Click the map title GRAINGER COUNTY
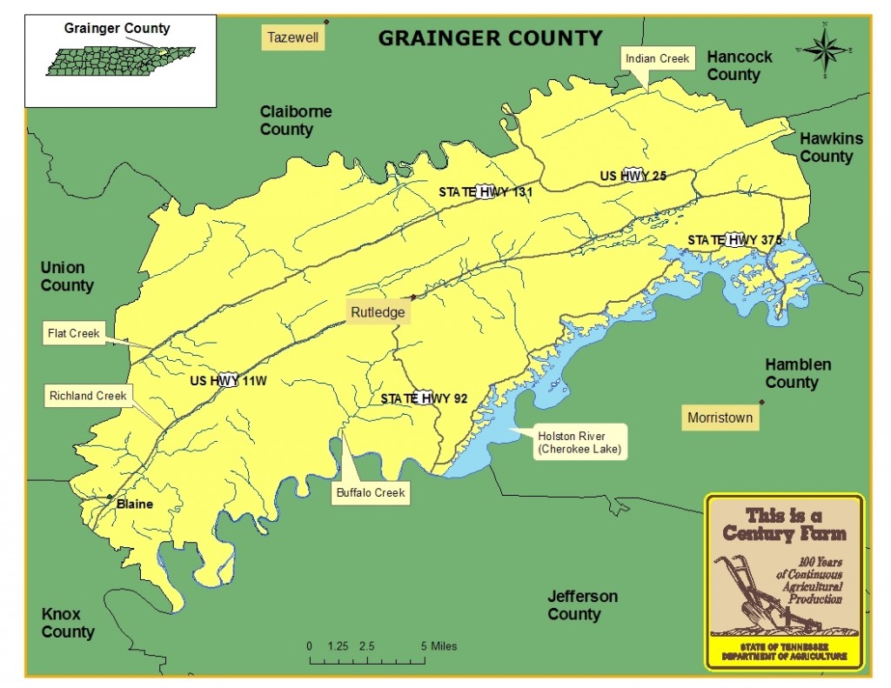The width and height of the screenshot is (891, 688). coord(490,38)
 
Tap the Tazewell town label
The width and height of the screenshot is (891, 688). coord(293,37)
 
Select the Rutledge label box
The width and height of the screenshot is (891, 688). coord(379,311)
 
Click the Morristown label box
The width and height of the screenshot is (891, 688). coord(719,417)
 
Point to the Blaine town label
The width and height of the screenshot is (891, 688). coord(134,504)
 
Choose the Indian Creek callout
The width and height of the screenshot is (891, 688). coord(657,59)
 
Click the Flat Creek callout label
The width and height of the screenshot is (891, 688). coord(75,332)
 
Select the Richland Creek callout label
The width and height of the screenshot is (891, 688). coord(88,396)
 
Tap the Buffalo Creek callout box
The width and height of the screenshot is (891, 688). coord(371,493)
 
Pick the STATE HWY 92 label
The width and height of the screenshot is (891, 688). coord(424,398)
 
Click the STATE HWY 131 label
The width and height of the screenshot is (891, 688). coord(485,191)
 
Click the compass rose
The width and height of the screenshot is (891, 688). coord(825,50)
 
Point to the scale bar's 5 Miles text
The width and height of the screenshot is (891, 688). coord(439,646)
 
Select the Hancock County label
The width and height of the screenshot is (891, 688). coord(739,65)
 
